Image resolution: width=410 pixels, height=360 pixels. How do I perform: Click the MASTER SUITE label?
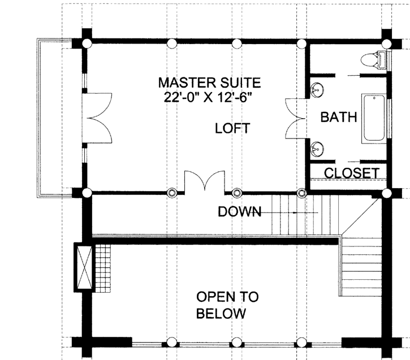coord(209,83)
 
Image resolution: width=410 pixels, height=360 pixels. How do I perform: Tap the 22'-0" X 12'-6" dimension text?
coord(208,97)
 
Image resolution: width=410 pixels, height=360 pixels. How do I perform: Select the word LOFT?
coord(232,128)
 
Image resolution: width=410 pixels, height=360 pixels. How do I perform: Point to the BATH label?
coord(339,117)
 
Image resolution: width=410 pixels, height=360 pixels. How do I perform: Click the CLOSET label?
coord(352,173)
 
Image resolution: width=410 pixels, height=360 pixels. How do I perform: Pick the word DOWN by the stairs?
coord(240,211)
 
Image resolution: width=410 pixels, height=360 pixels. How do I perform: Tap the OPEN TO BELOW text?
coord(227,305)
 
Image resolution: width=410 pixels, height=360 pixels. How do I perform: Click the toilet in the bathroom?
coord(373,60)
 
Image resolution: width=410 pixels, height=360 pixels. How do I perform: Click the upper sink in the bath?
coord(317,90)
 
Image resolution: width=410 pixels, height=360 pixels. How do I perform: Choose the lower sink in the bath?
coord(317,149)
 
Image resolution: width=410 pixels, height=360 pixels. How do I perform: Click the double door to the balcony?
coord(97,118)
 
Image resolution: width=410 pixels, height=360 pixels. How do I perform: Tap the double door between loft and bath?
coord(296,119)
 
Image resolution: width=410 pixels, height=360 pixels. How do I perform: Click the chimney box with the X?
coord(83,267)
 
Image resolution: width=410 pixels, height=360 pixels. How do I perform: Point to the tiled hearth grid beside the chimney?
coord(103,268)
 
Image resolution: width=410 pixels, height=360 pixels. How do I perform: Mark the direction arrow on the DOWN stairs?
coord(289,213)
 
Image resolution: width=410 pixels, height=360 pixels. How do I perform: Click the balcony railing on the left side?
coord(38,118)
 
